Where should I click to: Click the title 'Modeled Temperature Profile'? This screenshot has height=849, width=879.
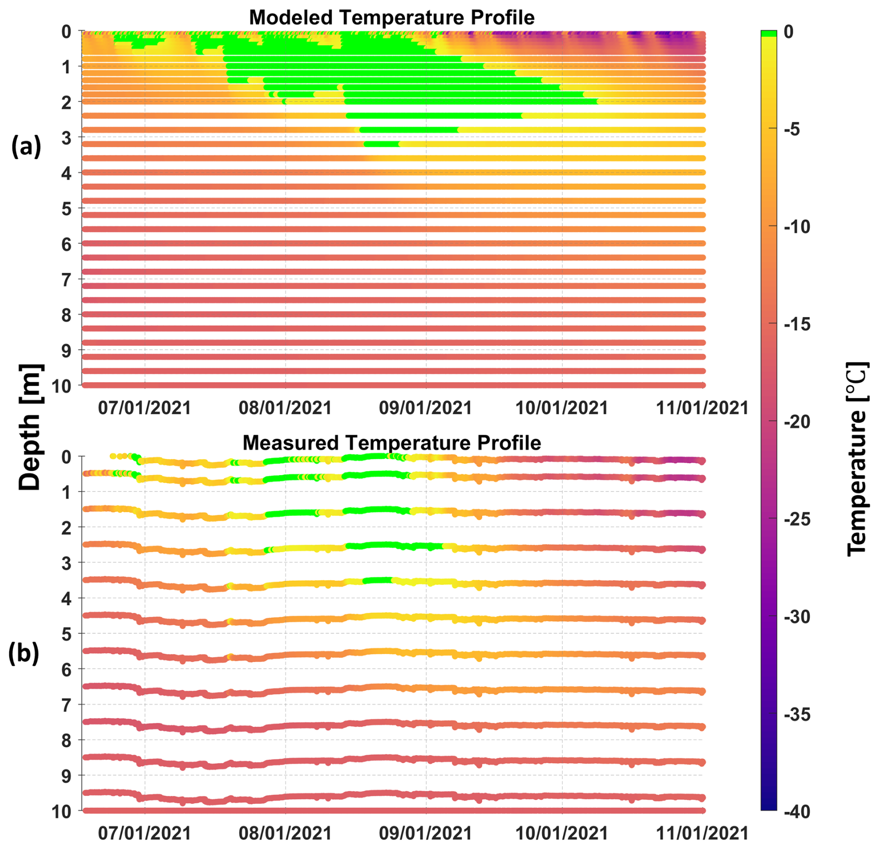click(x=392, y=18)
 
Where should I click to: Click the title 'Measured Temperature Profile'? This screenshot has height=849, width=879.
click(x=392, y=443)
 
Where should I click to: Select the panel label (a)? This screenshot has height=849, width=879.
click(x=26, y=146)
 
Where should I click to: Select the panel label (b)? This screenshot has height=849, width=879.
click(x=24, y=653)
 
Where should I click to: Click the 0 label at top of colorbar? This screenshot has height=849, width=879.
click(x=789, y=32)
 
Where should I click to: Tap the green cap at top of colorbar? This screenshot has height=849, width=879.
click(x=769, y=33)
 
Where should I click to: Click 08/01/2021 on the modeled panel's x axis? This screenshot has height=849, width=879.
click(x=285, y=408)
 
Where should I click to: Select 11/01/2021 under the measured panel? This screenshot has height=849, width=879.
click(x=702, y=833)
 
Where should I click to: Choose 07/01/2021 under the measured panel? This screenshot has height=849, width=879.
click(x=144, y=833)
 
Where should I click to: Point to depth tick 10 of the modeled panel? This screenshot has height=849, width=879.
click(x=62, y=386)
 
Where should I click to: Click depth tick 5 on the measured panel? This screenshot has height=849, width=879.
click(x=66, y=634)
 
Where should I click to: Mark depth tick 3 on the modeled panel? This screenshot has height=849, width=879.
click(x=66, y=138)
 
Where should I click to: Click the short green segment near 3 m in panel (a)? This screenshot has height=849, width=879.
click(x=382, y=144)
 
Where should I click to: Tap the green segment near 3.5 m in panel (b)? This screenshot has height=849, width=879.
click(x=377, y=580)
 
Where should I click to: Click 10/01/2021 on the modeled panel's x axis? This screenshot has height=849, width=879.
click(x=562, y=408)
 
